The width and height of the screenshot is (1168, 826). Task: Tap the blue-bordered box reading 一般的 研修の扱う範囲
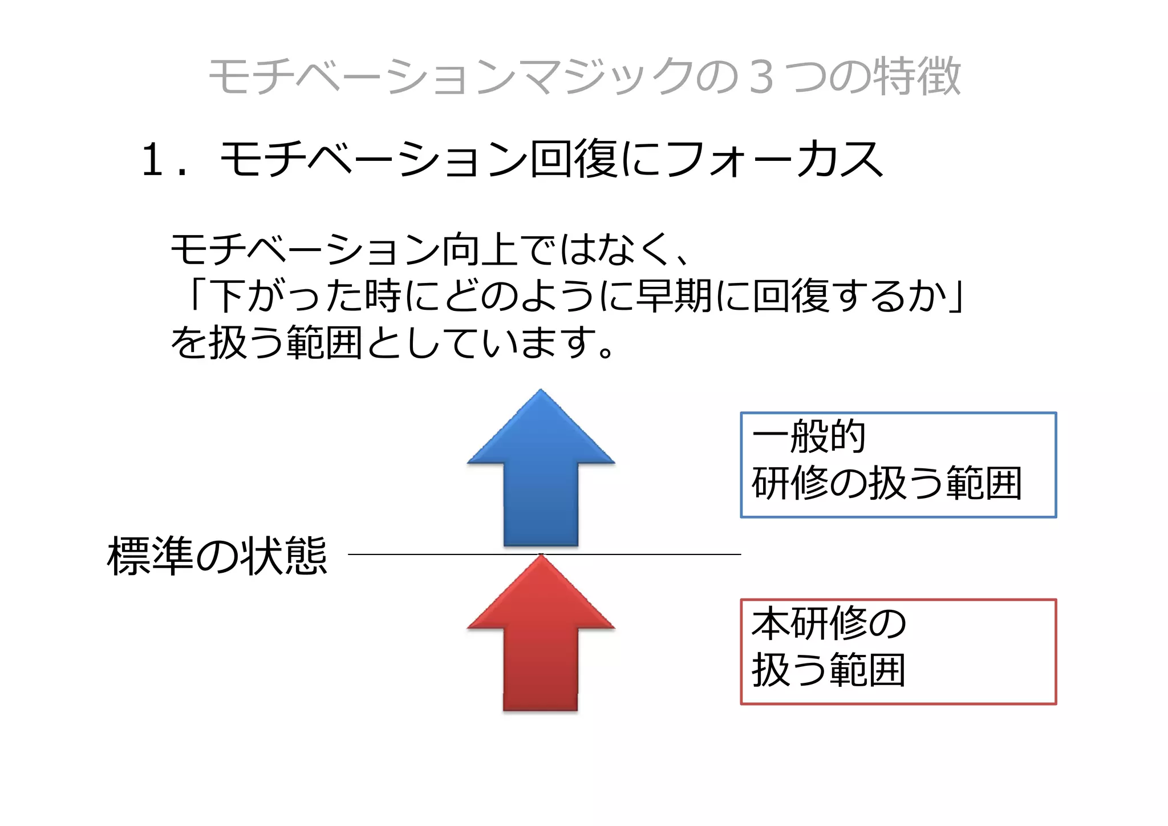[898, 465]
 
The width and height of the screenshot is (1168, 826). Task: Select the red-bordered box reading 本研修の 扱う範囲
[898, 651]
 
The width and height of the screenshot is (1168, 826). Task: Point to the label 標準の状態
[217, 556]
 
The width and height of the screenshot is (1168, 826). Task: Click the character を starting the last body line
[188, 342]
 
